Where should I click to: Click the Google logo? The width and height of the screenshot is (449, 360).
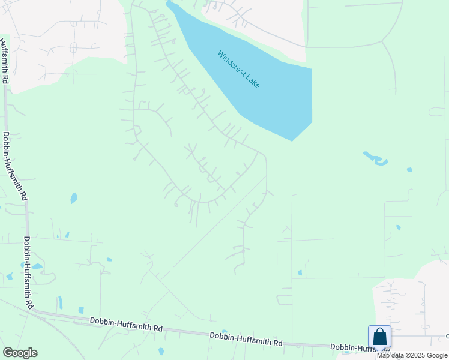pos(20,353)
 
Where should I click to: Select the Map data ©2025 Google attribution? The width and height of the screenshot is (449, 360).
pos(412,355)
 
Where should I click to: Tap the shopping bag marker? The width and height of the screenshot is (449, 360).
pos(379,337)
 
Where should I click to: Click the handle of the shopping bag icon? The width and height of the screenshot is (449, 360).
pos(379,331)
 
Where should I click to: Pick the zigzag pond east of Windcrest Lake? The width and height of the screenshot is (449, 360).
pos(375,159)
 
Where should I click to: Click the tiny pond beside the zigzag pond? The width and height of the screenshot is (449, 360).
pos(409,170)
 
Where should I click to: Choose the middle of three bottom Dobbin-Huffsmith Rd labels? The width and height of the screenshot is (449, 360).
pos(246,339)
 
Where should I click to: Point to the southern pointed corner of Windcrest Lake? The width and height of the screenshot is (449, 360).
pos(292,140)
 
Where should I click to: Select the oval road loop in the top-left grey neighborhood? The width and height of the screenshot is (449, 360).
pos(74,47)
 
